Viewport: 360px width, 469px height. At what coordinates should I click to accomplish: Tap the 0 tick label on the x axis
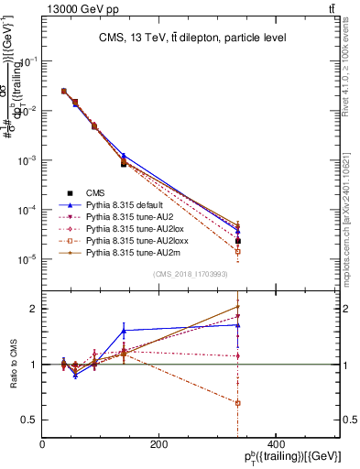[x=43, y=444]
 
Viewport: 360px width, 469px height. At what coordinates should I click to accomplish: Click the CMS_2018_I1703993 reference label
[x=191, y=274]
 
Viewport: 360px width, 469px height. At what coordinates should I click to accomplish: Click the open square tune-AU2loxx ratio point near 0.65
[x=237, y=403]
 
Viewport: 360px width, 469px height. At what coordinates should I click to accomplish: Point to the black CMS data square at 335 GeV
[x=237, y=241]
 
